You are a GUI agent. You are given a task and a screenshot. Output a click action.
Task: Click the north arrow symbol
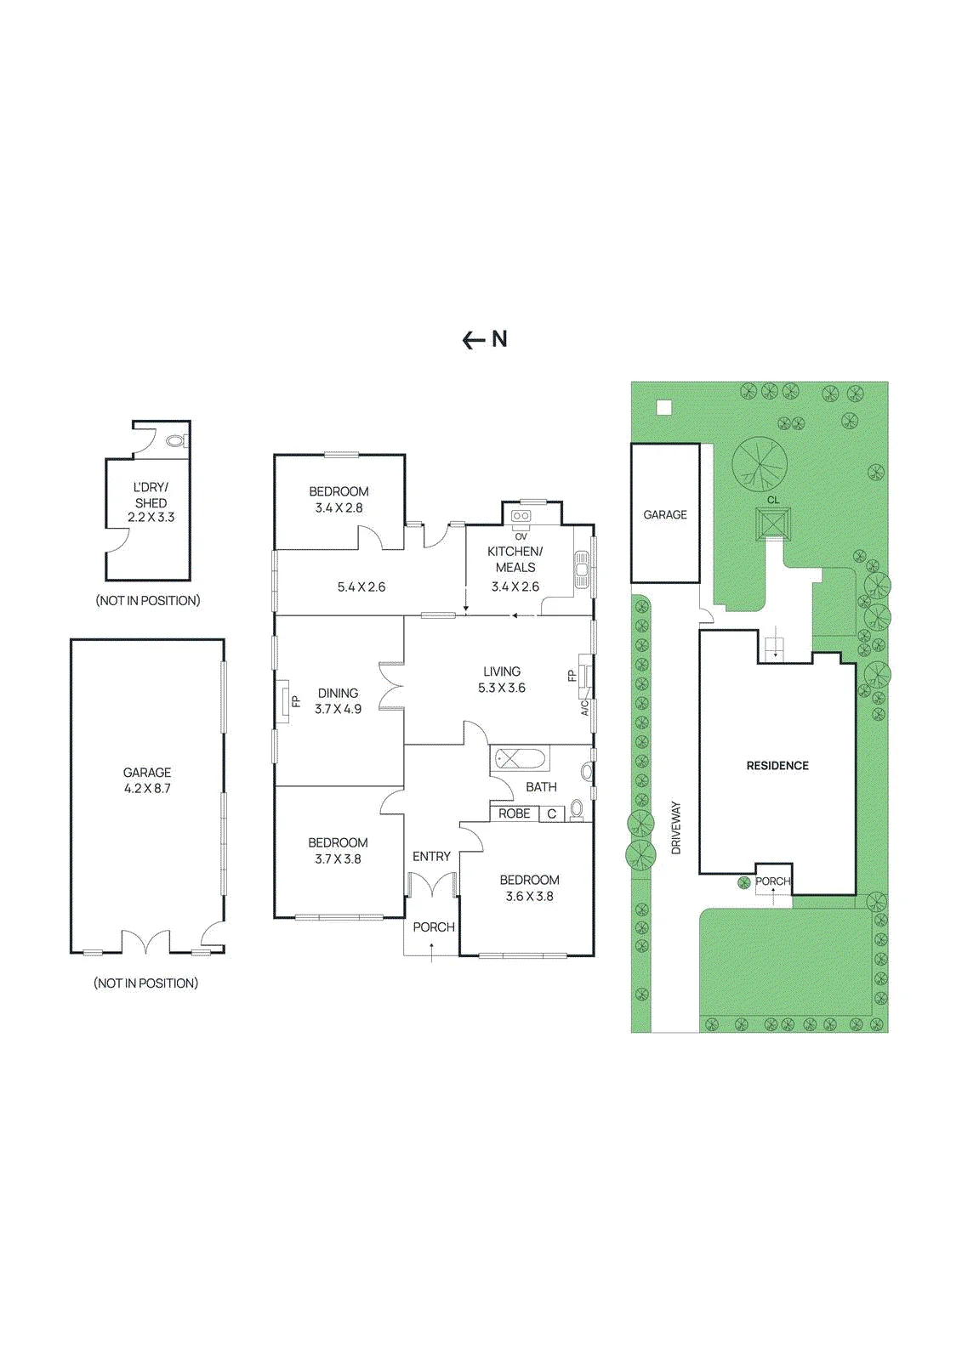[475, 340]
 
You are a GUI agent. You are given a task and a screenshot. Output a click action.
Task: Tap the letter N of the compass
[499, 339]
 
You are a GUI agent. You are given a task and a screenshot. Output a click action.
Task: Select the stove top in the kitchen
[521, 516]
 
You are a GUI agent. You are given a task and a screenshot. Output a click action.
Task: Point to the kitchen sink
[582, 569]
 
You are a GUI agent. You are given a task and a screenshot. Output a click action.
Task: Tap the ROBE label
[514, 813]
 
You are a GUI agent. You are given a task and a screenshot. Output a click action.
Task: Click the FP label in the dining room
[296, 701]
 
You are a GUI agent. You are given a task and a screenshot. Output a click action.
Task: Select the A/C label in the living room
[584, 708]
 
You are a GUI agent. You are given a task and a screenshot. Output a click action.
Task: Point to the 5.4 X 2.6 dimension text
[361, 587]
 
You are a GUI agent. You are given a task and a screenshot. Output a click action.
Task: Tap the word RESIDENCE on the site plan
[777, 766]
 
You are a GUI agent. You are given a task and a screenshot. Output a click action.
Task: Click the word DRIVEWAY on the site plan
[676, 828]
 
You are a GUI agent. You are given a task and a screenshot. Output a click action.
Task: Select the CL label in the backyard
[773, 501]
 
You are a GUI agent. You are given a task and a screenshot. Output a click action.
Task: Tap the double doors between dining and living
[390, 686]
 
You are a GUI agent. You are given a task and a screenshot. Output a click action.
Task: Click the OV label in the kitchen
[521, 536]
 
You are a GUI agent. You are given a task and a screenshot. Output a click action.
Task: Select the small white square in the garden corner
[665, 407]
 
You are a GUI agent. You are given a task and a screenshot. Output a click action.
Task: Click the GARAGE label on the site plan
[665, 514]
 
